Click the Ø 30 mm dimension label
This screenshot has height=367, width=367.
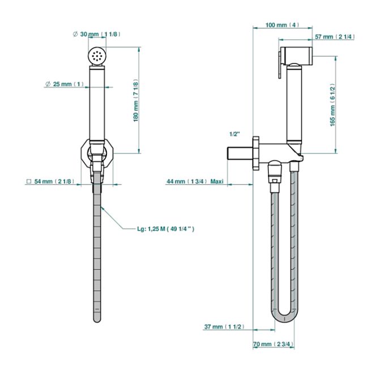[97, 35]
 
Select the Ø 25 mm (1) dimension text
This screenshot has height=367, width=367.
[65, 84]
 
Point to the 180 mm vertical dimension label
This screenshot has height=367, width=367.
[136, 100]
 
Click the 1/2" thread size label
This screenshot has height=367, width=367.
[235, 134]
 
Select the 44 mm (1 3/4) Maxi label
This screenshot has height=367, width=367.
[195, 181]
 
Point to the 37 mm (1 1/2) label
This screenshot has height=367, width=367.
[224, 327]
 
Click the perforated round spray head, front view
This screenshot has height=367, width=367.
[97, 56]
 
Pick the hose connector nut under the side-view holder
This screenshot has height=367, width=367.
[274, 169]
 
